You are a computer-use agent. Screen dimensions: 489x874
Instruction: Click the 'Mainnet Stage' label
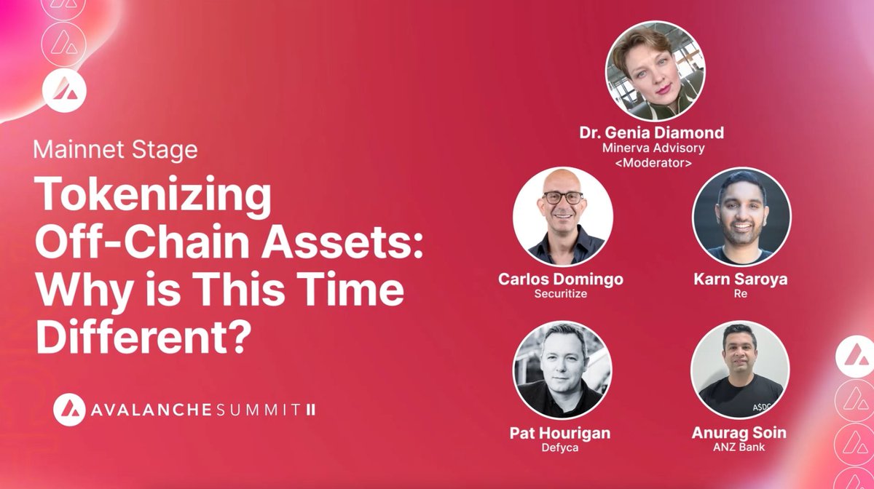pyautogui.click(x=115, y=151)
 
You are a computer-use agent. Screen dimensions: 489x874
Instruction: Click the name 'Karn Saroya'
pyautogui.click(x=740, y=279)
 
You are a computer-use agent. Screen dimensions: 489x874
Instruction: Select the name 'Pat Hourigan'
pyautogui.click(x=559, y=433)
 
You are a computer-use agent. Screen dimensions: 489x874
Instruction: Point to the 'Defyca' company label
pyautogui.click(x=559, y=448)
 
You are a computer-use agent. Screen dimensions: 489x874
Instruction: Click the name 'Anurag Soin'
pyautogui.click(x=739, y=433)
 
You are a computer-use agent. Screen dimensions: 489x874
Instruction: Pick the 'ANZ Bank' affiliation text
pyautogui.click(x=739, y=448)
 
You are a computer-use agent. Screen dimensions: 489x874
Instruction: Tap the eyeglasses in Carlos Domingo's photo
pyautogui.click(x=562, y=197)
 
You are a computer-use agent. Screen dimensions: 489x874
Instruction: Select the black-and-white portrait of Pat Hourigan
pyautogui.click(x=559, y=370)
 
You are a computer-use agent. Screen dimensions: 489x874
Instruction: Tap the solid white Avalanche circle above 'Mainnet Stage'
pyautogui.click(x=65, y=90)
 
